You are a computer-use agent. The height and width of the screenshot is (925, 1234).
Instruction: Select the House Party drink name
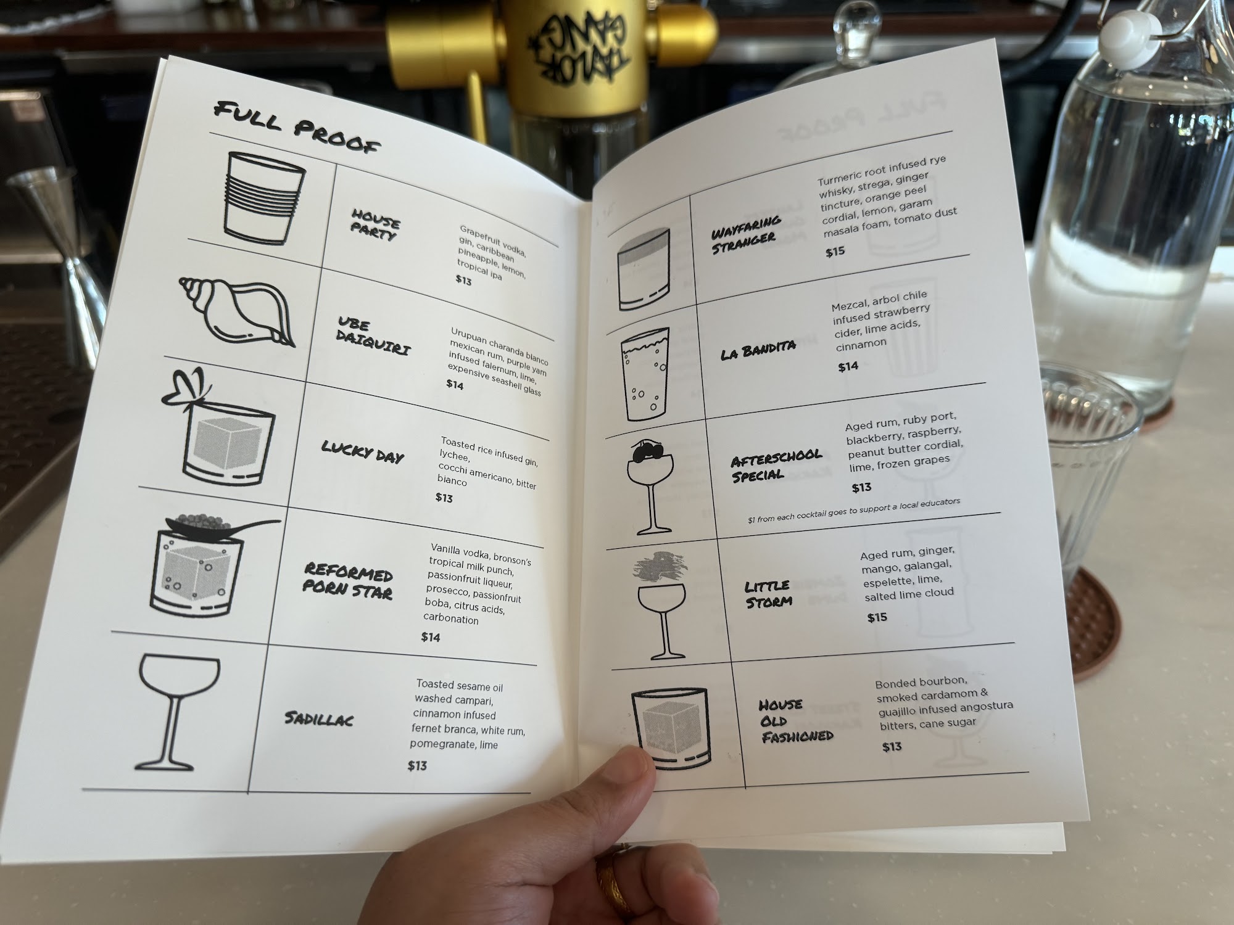[375, 224]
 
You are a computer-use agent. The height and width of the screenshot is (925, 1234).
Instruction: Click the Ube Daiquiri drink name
[373, 337]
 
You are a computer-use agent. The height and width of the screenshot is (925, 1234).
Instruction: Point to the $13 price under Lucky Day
[444, 498]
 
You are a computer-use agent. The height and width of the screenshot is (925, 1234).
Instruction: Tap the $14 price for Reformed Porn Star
[430, 637]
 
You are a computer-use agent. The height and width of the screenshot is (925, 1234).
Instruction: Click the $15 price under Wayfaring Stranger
[835, 252]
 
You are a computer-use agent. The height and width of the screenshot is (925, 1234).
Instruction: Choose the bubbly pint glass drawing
[645, 374]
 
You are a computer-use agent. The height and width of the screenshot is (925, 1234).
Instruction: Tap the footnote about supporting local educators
[854, 510]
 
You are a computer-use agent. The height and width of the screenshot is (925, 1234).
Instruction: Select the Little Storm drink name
[768, 593]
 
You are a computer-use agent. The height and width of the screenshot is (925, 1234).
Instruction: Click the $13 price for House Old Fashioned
[892, 747]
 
